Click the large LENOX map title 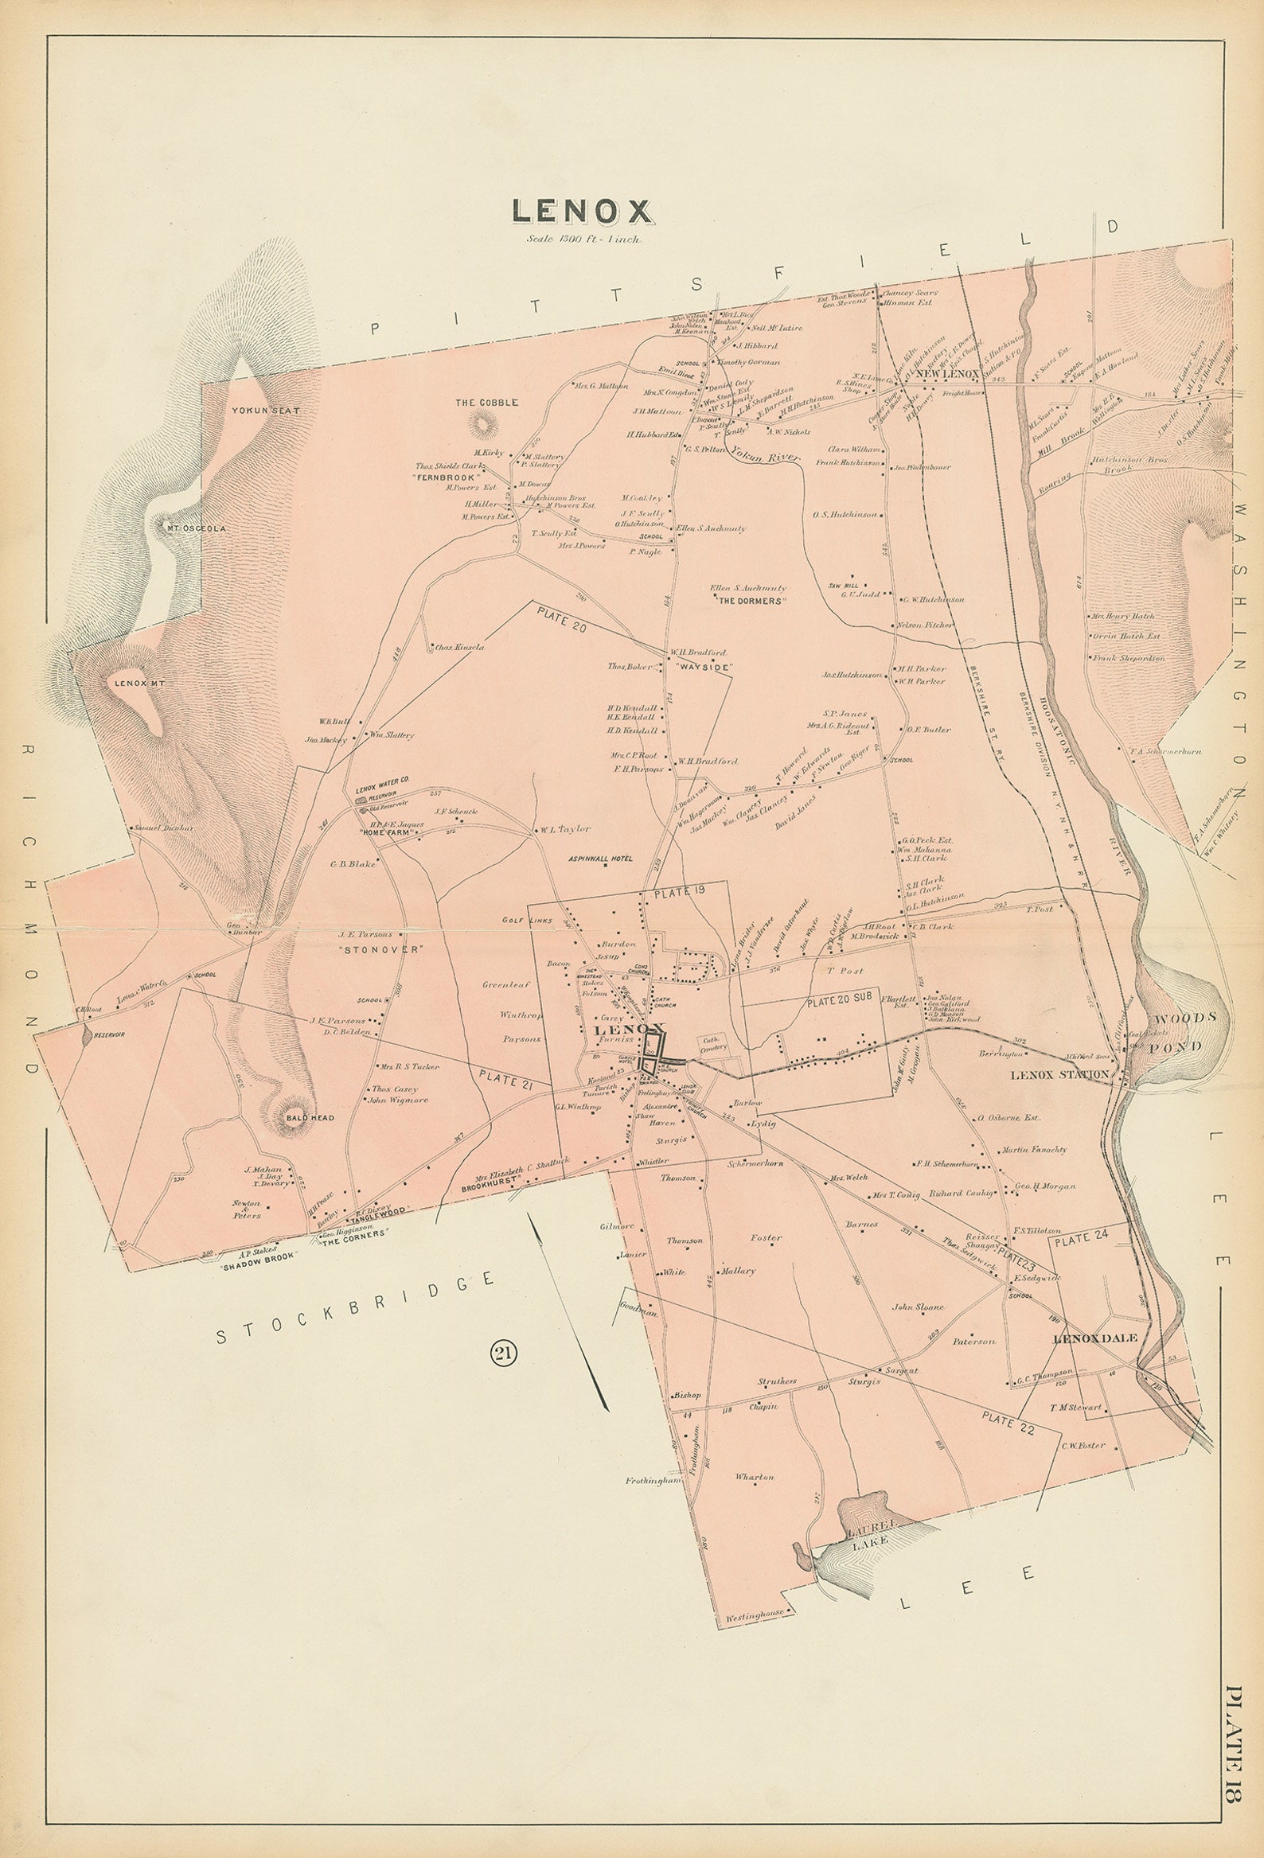click(x=581, y=210)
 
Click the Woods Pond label click(x=1187, y=1031)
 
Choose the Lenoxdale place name click(x=1090, y=1338)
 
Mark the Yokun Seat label click(x=253, y=410)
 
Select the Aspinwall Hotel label click(x=600, y=859)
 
